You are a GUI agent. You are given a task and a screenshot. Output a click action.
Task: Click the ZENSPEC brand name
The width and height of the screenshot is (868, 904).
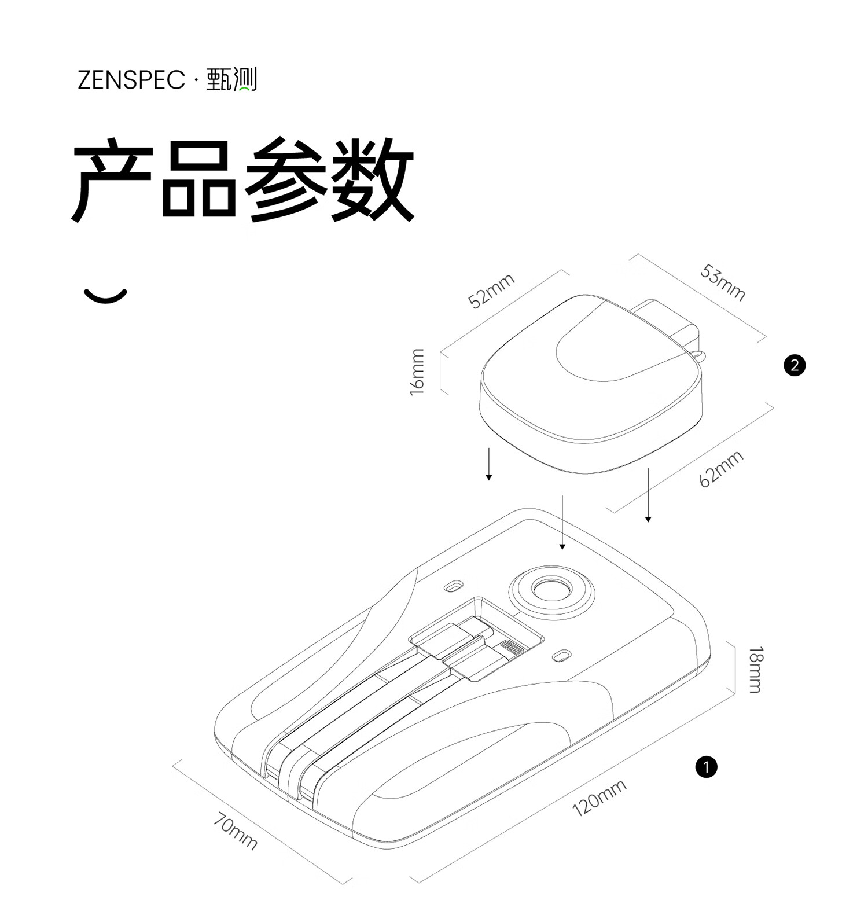pyautogui.click(x=131, y=80)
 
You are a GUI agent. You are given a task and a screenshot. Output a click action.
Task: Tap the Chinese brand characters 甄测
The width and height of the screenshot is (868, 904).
pyautogui.click(x=231, y=80)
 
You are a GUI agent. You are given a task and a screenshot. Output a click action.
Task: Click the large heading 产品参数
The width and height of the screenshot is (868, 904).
pyautogui.click(x=243, y=180)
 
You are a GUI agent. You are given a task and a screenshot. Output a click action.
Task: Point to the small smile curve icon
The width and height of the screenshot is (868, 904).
pyautogui.click(x=105, y=296)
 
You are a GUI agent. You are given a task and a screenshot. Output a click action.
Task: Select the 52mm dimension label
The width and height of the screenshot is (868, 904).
pyautogui.click(x=491, y=291)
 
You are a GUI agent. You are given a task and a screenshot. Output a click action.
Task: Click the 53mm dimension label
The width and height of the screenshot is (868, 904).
pyautogui.click(x=722, y=282)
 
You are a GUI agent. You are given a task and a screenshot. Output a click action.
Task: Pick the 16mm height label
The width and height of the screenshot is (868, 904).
pyautogui.click(x=417, y=372)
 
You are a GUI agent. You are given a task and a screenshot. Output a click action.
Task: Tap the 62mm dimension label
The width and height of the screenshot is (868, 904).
pyautogui.click(x=721, y=469)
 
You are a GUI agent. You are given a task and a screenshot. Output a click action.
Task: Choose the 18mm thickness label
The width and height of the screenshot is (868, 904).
pyautogui.click(x=756, y=670)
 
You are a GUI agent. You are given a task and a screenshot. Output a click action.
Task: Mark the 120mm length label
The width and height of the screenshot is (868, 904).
pyautogui.click(x=599, y=798)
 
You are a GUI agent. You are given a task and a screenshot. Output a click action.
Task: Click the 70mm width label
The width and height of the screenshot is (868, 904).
pyautogui.click(x=235, y=830)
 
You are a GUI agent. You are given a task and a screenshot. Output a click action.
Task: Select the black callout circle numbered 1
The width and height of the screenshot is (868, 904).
pyautogui.click(x=706, y=767)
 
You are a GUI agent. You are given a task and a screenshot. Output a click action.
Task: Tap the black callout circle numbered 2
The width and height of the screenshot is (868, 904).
pyautogui.click(x=794, y=365)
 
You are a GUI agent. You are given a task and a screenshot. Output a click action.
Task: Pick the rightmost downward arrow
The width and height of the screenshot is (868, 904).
pyautogui.click(x=648, y=495)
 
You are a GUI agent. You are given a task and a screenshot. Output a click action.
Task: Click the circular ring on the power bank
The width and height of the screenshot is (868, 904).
pyautogui.click(x=551, y=591)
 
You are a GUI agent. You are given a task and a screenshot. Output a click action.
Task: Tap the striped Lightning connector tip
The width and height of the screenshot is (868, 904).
pyautogui.click(x=512, y=646)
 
